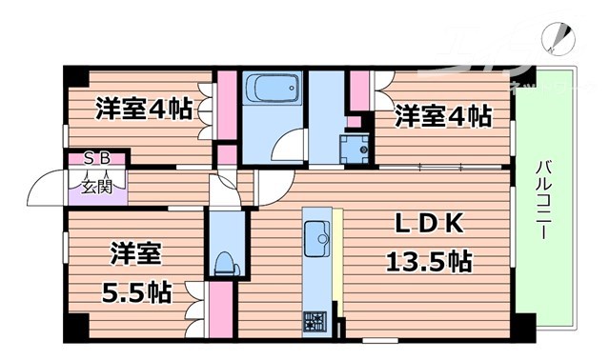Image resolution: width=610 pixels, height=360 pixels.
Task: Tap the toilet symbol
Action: pyautogui.click(x=225, y=261)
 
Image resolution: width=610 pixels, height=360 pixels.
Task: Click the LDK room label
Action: pyautogui.click(x=430, y=225)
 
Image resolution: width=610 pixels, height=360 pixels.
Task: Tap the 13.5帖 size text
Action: pyautogui.click(x=429, y=259)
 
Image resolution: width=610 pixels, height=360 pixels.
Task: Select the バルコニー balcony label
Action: pyautogui.click(x=540, y=200)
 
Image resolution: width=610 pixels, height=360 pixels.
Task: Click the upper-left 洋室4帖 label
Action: pyautogui.click(x=143, y=110)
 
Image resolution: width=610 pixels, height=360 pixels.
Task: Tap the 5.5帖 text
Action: pyautogui.click(x=136, y=290)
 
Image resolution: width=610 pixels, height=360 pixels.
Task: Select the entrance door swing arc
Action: pyautogui.click(x=44, y=190)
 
